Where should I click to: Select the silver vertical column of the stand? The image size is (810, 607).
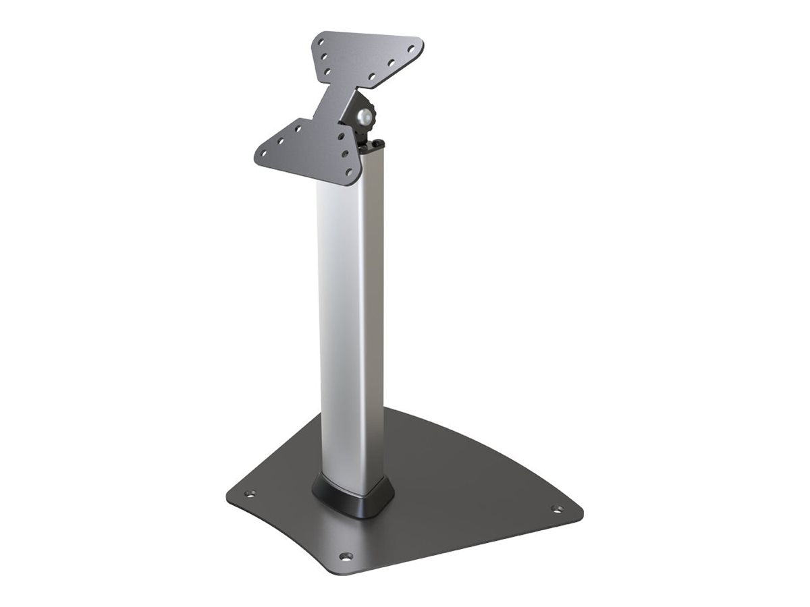[350, 324]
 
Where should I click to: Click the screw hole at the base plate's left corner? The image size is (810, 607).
[250, 494]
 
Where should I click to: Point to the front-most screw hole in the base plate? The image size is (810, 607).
[346, 556]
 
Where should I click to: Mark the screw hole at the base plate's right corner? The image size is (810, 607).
[557, 509]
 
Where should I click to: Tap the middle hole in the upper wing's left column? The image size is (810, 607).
[324, 57]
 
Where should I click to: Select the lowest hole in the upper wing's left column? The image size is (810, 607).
[327, 70]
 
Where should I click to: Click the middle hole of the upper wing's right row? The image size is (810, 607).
[390, 64]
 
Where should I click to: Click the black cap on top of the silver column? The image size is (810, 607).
[375, 145]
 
